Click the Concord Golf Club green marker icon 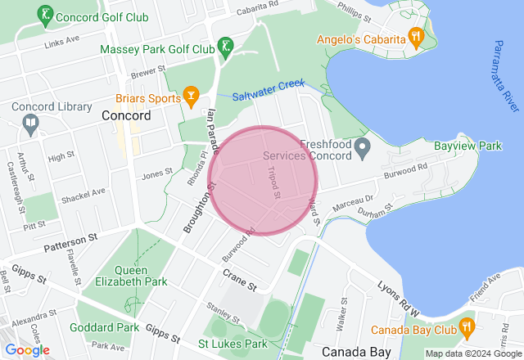44,15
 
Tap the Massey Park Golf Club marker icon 225,45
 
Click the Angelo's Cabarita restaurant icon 417,36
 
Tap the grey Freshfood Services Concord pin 365,147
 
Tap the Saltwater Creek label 268,90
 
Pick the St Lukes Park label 233,344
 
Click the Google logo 27,350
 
